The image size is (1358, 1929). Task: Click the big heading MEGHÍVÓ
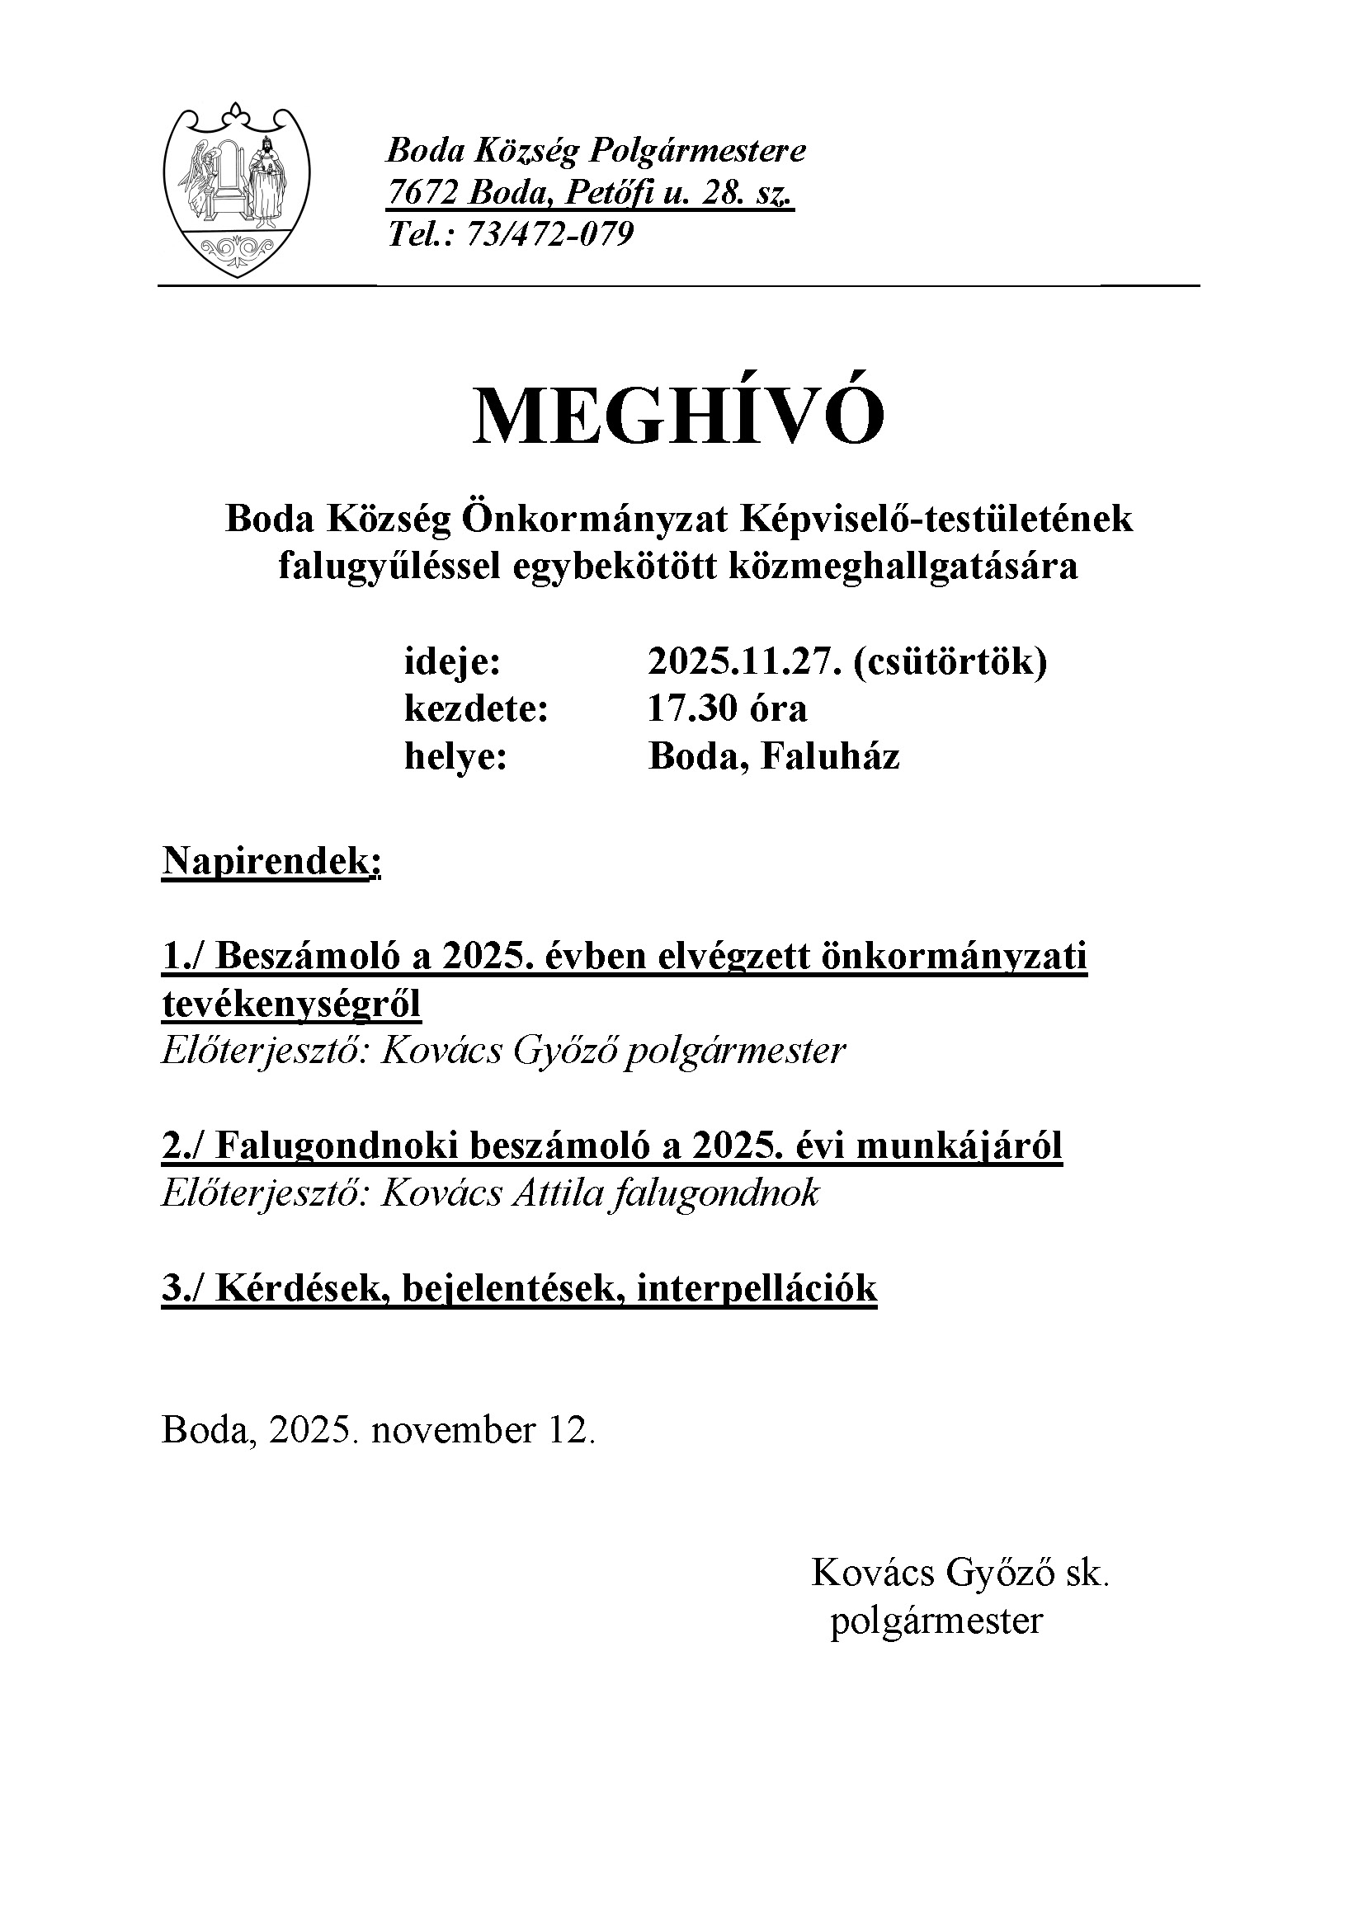(x=679, y=416)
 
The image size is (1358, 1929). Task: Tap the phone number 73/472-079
(x=548, y=234)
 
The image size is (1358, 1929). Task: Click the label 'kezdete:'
(x=476, y=708)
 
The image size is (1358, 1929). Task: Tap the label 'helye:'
(x=455, y=755)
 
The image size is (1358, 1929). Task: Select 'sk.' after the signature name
(x=1087, y=1572)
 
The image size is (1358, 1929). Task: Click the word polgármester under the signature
(x=936, y=1619)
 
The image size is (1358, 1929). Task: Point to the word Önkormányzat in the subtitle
(x=596, y=520)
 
